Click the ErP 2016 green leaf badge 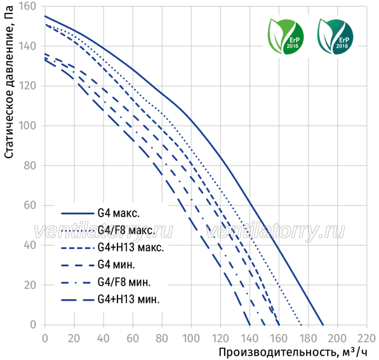click(x=286, y=36)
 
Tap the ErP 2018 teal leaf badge click(x=335, y=36)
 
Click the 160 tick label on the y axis click(x=27, y=6)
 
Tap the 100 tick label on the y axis click(x=27, y=126)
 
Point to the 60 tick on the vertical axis click(x=30, y=205)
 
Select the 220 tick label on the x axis click(x=366, y=338)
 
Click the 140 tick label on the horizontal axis click(x=249, y=338)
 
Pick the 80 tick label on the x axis click(x=162, y=338)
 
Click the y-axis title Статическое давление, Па click(x=9, y=82)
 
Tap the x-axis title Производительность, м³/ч click(x=293, y=352)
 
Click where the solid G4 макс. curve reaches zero click(x=323, y=324)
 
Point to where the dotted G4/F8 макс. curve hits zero click(x=301, y=324)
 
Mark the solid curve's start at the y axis click(x=45, y=17)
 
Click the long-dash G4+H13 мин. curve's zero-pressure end click(x=249, y=324)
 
